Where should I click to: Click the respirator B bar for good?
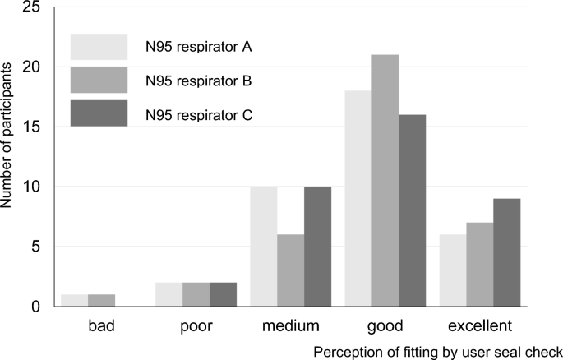tap(385, 181)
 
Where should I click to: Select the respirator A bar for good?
tap(358, 198)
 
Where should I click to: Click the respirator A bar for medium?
tap(263, 247)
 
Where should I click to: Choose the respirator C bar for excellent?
tap(506, 252)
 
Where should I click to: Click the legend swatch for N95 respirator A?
tap(99, 48)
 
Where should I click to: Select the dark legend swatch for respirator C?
tap(99, 114)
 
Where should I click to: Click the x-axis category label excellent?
tap(478, 326)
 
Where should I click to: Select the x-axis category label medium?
tap(291, 326)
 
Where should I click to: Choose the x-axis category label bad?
tap(103, 326)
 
